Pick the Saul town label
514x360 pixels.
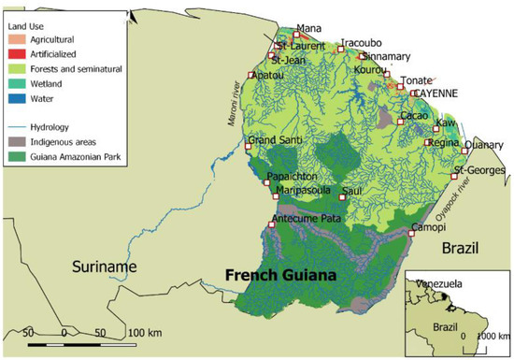[x=352, y=191]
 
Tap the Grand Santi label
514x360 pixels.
[x=273, y=141]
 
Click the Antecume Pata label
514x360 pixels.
[x=305, y=219]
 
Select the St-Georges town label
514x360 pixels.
[x=479, y=170]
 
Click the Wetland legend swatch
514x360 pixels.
[x=16, y=80]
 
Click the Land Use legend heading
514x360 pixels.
[x=29, y=25]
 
